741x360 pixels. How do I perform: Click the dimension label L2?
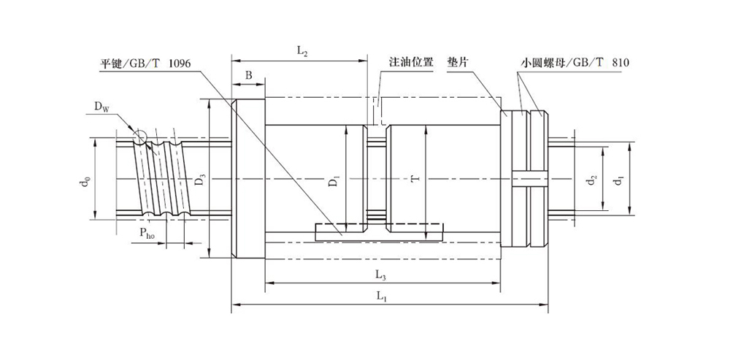tap(301, 51)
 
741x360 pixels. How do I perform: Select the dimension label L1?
tap(381, 296)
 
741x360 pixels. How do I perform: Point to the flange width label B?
tap(248, 75)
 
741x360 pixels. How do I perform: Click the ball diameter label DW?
tap(101, 107)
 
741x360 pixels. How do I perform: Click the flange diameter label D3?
tap(200, 179)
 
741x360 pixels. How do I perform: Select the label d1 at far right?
tap(619, 180)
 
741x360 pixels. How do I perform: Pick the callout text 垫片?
tap(457, 63)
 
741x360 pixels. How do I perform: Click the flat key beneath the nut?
tap(379, 231)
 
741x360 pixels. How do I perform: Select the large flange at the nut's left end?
tap(248, 180)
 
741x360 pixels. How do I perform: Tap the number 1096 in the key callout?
tap(179, 64)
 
